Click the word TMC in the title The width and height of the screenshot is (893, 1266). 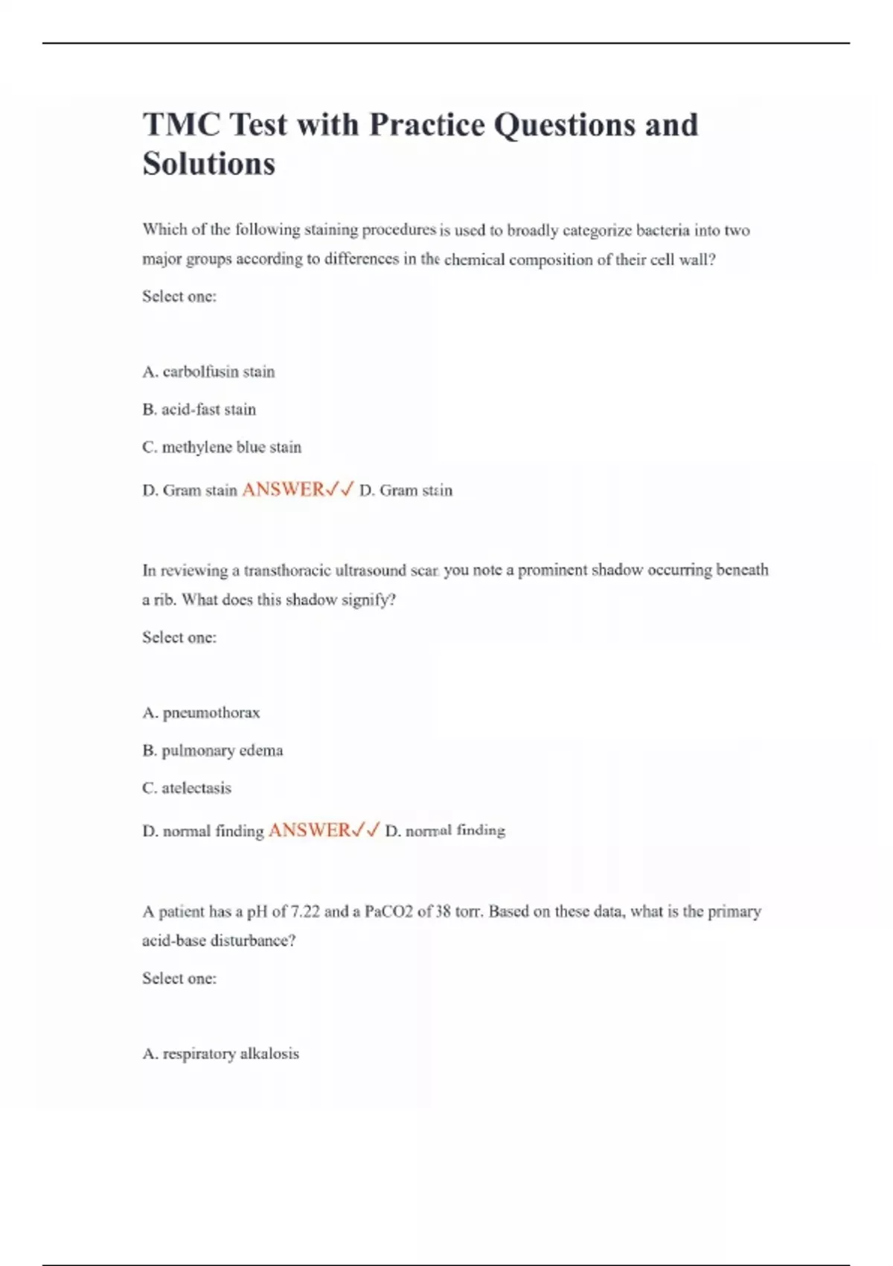click(181, 125)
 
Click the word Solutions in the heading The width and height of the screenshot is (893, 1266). click(209, 165)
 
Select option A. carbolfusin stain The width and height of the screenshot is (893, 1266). click(208, 372)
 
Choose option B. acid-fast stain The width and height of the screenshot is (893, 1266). click(199, 410)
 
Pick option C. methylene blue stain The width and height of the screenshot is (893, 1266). click(222, 448)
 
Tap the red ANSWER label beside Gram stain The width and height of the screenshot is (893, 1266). click(283, 490)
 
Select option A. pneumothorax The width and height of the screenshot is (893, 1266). click(201, 713)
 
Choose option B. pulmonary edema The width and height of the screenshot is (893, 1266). click(212, 751)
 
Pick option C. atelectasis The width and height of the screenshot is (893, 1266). click(187, 788)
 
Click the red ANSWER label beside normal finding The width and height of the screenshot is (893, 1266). click(309, 830)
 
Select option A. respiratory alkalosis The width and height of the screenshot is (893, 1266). click(220, 1054)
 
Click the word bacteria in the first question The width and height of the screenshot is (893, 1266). click(662, 230)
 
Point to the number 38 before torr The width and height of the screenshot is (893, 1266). click(443, 912)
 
